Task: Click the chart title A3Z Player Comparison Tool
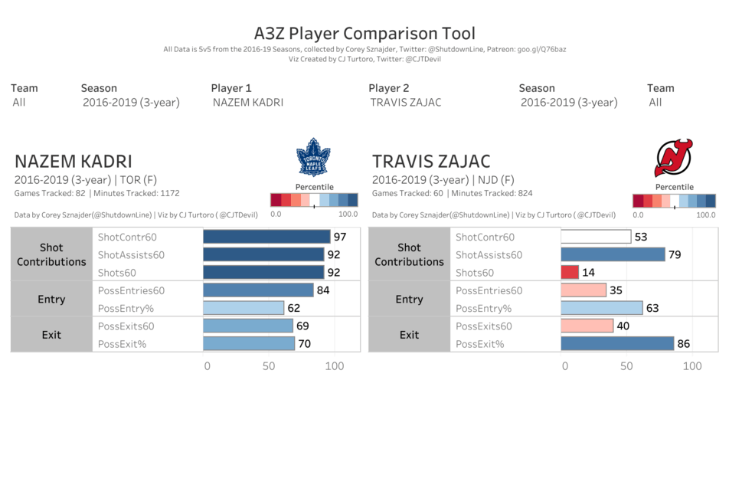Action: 364,34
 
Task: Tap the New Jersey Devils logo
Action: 673,158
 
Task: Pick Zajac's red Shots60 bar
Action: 570,273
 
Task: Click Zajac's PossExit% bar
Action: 617,344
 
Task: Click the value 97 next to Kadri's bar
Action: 339,238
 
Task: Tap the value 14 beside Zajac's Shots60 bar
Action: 588,273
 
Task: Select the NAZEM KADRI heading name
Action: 74,162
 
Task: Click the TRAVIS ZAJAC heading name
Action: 431,162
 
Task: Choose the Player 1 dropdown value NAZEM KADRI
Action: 247,103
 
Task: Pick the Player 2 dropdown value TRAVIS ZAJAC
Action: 405,103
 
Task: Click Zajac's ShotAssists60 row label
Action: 489,255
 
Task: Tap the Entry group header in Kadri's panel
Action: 51,300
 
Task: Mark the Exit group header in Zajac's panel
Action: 409,335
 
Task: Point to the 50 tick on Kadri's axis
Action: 269,366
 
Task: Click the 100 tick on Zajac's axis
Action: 692,366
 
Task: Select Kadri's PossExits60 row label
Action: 132,326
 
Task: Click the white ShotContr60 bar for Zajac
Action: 596,238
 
